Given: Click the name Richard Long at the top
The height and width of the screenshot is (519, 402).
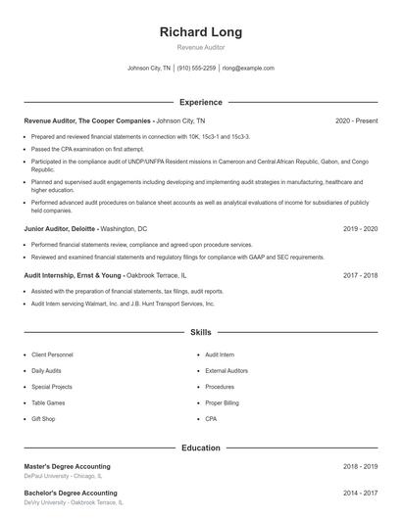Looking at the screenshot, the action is click(x=201, y=32).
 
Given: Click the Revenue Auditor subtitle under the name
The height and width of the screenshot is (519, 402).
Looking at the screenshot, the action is click(x=201, y=47).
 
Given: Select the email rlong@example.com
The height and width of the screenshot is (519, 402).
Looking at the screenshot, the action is click(x=248, y=69).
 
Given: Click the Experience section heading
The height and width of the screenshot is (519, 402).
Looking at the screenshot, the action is click(x=201, y=102).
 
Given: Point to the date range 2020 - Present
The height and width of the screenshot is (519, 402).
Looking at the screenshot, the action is click(x=356, y=120).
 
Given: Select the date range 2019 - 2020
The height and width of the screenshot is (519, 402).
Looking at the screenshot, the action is click(x=361, y=228).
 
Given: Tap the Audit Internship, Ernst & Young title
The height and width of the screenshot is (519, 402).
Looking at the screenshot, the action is click(x=73, y=276).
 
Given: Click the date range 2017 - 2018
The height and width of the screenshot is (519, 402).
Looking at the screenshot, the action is click(x=361, y=276).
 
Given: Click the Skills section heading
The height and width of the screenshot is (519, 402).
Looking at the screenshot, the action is click(x=201, y=333).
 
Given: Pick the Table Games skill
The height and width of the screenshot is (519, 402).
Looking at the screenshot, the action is click(x=49, y=402).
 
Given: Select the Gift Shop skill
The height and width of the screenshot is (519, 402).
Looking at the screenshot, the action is click(x=43, y=418).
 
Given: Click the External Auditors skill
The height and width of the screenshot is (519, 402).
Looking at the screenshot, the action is click(x=226, y=371).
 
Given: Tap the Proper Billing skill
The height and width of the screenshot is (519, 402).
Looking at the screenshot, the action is click(x=222, y=402).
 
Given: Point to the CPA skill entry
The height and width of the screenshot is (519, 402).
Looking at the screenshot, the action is click(x=211, y=418).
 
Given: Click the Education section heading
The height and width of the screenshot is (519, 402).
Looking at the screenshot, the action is click(x=201, y=448).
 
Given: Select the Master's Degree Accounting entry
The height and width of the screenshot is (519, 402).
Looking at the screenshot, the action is click(x=67, y=466).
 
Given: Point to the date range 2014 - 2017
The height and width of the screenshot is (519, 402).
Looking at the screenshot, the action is click(x=361, y=493).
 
